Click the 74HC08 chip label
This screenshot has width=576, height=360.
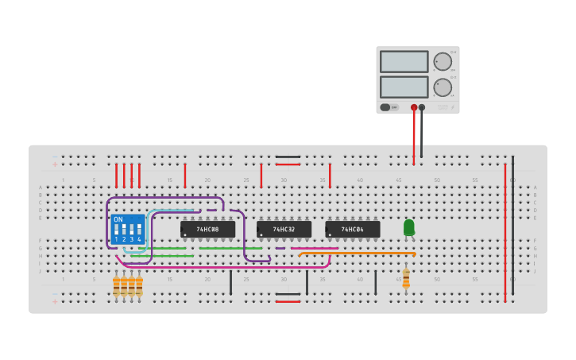coord(208,230)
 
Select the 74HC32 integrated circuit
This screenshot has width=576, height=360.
coord(284,230)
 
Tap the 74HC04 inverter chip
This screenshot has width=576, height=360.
coord(352,230)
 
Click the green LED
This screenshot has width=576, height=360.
coord(408,227)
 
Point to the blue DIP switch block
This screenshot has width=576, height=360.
coord(128,228)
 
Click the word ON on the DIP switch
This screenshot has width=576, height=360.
coord(118,219)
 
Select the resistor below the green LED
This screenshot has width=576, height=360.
coord(406,278)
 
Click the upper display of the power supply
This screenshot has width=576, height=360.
coord(404,61)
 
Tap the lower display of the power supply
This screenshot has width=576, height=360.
coord(404,87)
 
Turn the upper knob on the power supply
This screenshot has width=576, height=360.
coord(443,61)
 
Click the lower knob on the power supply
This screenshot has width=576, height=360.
coord(443,87)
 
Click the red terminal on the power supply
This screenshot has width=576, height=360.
coord(414,107)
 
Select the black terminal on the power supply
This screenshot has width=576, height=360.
coord(422,107)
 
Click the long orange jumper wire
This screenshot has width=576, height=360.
coord(358,254)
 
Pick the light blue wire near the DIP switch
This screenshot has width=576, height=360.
coord(171,211)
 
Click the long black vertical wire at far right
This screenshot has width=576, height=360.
coord(512,230)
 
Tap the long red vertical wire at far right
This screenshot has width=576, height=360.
coord(504,230)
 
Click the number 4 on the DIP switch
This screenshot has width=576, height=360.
coord(139,238)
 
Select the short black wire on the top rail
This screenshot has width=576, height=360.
coord(288,157)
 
